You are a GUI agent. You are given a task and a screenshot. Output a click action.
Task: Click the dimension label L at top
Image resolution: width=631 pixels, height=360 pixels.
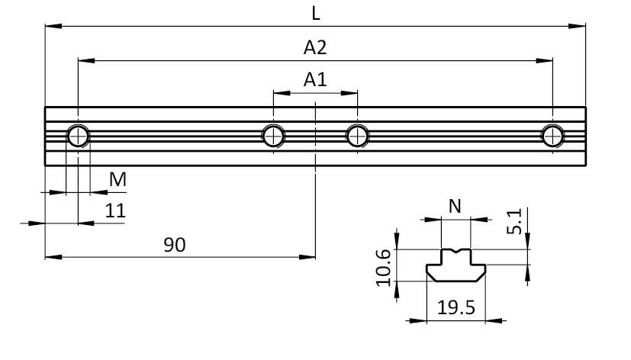(316, 13)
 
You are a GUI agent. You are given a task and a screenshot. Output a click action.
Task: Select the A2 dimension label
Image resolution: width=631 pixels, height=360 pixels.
(315, 47)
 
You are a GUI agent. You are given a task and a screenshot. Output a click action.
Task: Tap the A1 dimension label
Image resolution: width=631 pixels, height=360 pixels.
(315, 79)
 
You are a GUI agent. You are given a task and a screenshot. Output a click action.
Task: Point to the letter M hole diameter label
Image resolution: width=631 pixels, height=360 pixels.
(118, 180)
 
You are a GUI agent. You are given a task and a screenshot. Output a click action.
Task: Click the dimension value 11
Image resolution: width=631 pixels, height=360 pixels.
(114, 211)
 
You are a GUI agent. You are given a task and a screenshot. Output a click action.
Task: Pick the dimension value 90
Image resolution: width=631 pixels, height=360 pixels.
(175, 244)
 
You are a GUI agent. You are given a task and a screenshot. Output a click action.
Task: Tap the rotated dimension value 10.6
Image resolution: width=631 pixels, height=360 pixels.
(385, 267)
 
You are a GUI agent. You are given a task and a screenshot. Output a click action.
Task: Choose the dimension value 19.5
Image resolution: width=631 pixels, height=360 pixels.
(456, 307)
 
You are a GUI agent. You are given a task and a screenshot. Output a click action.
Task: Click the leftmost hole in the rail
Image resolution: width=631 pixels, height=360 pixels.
(78, 137)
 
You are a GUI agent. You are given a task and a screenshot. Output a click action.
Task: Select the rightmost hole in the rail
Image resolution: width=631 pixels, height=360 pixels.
(552, 137)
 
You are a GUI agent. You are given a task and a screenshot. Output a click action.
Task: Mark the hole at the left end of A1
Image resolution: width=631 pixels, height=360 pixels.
(273, 137)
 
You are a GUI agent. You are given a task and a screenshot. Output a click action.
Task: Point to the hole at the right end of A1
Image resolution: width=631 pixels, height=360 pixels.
(356, 137)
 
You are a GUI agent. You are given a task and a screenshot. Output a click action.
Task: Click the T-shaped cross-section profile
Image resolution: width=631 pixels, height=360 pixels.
(456, 266)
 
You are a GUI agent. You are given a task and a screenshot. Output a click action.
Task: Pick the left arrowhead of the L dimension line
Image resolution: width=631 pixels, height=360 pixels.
(50, 26)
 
